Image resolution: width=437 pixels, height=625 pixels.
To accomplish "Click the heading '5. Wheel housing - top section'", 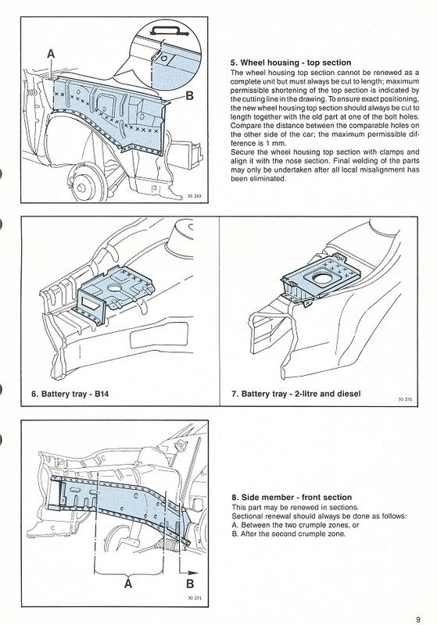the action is click(291, 62).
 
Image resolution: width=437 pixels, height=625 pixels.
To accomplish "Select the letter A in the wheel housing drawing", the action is click(51, 53).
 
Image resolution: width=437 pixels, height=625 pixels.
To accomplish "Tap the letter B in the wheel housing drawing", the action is click(190, 95).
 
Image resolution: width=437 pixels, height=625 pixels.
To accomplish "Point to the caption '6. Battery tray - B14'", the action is click(70, 394).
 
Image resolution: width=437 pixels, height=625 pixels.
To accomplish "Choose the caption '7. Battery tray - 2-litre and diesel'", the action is click(296, 394).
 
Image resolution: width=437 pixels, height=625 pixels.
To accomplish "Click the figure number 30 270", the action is click(405, 399).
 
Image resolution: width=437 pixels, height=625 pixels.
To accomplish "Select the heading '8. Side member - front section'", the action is click(292, 498).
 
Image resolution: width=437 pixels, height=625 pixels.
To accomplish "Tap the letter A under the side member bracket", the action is click(128, 584).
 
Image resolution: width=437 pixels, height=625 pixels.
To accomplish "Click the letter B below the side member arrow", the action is click(190, 584).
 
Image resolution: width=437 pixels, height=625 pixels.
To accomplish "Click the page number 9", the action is click(418, 620).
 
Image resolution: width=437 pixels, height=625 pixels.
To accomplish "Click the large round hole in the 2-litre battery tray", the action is click(323, 277).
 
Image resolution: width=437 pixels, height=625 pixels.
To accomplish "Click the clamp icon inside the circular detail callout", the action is click(164, 30).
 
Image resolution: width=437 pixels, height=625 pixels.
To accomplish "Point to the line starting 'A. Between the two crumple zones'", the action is click(296, 525).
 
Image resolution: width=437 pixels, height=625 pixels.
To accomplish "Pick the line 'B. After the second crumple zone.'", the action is click(288, 534).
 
